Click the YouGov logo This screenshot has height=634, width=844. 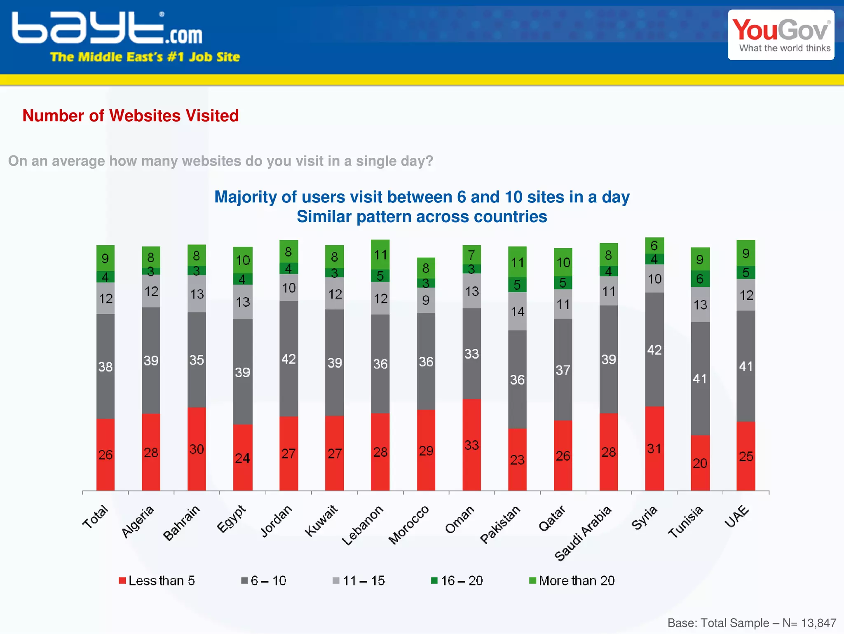click(781, 35)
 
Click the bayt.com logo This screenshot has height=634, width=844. click(107, 28)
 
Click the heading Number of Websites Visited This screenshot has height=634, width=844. click(130, 116)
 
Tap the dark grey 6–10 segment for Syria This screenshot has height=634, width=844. click(654, 350)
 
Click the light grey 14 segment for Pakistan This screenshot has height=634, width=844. click(517, 311)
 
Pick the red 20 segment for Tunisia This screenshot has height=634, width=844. click(700, 463)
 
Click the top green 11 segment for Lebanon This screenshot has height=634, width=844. click(380, 254)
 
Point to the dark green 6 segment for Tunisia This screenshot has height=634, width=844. click(700, 279)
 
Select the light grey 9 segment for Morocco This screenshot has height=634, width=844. click(426, 300)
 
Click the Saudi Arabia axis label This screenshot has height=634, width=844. click(583, 533)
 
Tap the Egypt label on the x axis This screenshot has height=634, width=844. click(231, 519)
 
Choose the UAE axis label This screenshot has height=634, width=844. click(737, 517)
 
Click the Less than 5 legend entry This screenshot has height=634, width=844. click(157, 580)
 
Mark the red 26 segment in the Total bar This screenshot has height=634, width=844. click(105, 454)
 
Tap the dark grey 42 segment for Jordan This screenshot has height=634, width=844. click(288, 359)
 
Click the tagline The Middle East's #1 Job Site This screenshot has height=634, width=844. click(145, 57)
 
